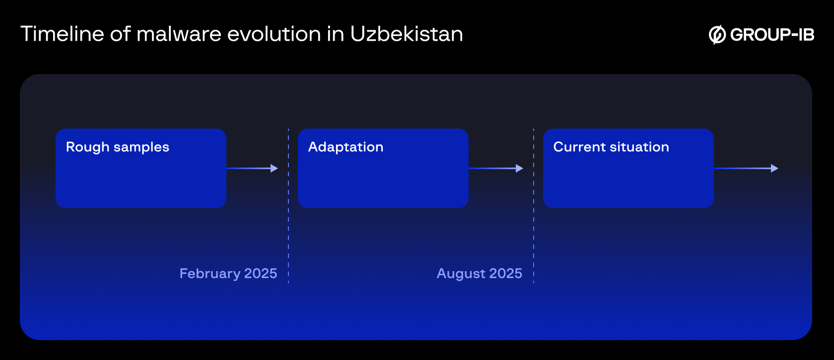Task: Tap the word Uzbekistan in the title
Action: [406, 34]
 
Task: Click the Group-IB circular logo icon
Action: [717, 35]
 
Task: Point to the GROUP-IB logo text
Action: [772, 35]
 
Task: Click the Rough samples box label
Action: [118, 147]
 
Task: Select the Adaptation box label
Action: [346, 147]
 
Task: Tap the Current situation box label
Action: [611, 147]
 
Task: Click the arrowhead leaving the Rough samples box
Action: [274, 168]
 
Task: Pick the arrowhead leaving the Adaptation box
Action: [519, 168]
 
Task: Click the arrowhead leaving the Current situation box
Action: [774, 168]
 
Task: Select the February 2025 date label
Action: [228, 274]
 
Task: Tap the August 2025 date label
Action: [479, 274]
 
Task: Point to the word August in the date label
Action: [461, 274]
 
